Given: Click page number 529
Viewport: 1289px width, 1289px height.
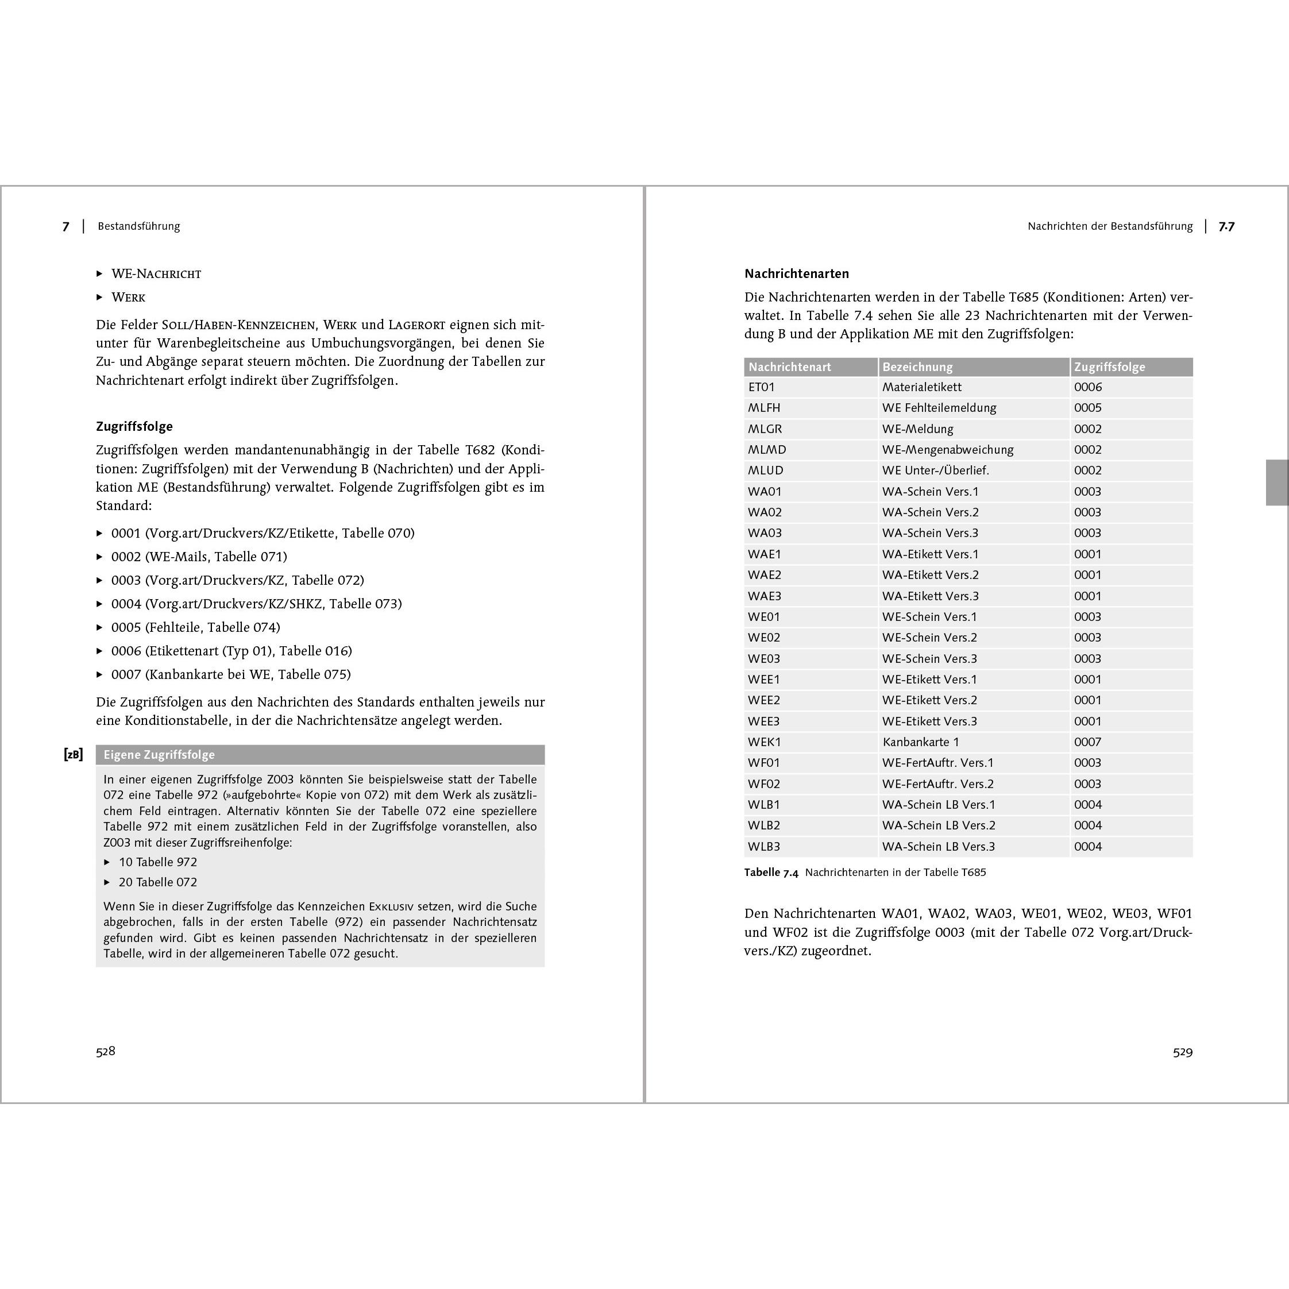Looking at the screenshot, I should click(x=1182, y=1052).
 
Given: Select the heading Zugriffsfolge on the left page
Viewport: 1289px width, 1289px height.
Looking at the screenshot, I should click(x=134, y=426).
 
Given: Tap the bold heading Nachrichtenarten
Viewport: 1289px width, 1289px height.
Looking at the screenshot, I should click(x=797, y=273).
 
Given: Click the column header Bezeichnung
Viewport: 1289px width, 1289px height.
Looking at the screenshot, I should click(x=917, y=367).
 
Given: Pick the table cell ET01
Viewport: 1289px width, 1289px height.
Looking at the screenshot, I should click(x=761, y=387).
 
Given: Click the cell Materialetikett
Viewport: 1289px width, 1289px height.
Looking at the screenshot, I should click(x=921, y=387).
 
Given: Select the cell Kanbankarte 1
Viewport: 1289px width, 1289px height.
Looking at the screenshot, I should click(x=920, y=742).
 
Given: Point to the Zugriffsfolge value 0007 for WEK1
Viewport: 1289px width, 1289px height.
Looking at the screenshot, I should click(x=1087, y=742).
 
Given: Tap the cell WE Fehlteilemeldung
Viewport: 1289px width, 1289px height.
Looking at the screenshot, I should click(x=939, y=408).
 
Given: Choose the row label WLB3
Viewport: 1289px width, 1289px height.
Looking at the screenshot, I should click(x=764, y=847).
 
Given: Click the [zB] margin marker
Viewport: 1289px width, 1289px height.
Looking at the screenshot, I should click(x=74, y=755).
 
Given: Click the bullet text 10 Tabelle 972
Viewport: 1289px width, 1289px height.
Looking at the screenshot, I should click(x=158, y=862).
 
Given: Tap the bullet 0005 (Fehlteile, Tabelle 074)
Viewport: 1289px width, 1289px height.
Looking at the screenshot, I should click(x=195, y=627).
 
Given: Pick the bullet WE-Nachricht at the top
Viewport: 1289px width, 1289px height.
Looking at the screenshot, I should click(x=156, y=273).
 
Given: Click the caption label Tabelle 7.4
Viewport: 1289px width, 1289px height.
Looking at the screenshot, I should click(x=771, y=873).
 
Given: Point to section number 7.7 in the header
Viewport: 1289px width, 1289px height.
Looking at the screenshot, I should click(x=1226, y=226).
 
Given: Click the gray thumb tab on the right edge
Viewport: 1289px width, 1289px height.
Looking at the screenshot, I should click(x=1277, y=483).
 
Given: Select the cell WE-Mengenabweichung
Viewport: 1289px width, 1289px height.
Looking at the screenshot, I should click(x=947, y=450).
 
